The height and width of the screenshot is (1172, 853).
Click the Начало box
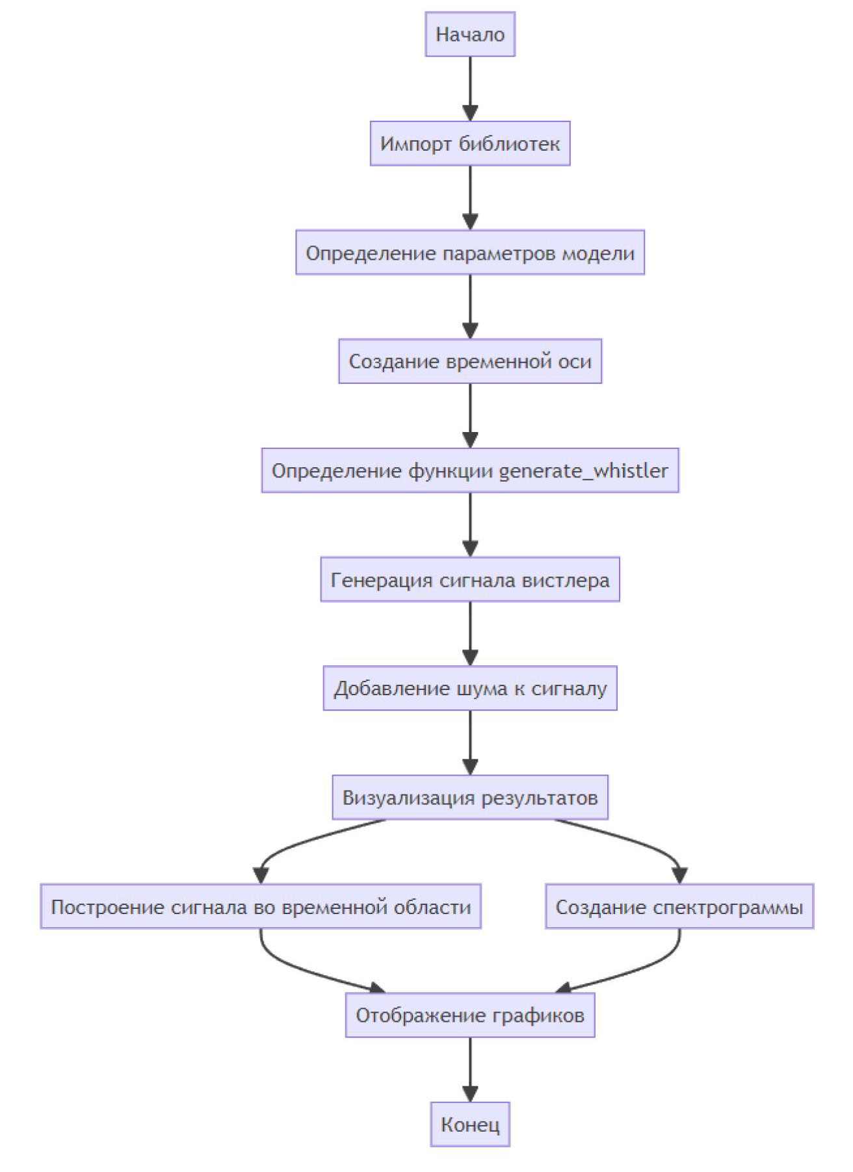[x=470, y=34]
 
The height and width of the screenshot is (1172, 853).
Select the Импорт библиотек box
[x=470, y=144]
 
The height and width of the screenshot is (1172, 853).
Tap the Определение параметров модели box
[x=470, y=253]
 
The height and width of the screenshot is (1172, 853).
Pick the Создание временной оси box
[x=470, y=361]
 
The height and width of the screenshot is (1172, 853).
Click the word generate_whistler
[x=583, y=471]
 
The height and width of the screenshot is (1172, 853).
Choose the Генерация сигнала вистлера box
[x=470, y=580]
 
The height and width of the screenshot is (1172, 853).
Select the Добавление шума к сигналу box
[x=470, y=689]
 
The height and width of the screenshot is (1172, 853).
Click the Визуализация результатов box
[x=470, y=798]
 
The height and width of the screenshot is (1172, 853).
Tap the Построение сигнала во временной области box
[x=261, y=907]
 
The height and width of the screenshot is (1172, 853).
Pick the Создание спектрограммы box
[x=679, y=907]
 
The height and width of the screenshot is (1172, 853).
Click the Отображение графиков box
[x=470, y=1015]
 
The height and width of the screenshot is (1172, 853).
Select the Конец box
[x=470, y=1125]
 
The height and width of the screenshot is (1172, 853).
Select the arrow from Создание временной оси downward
[x=470, y=416]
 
